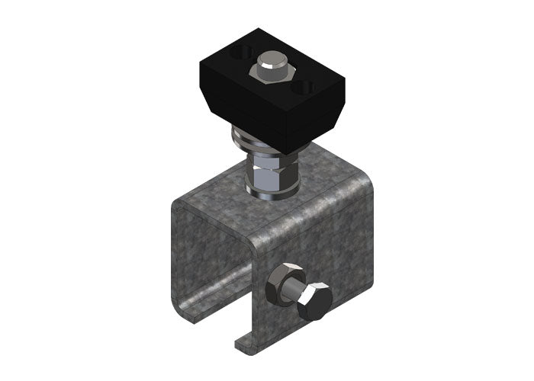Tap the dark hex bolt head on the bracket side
point(314,302)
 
